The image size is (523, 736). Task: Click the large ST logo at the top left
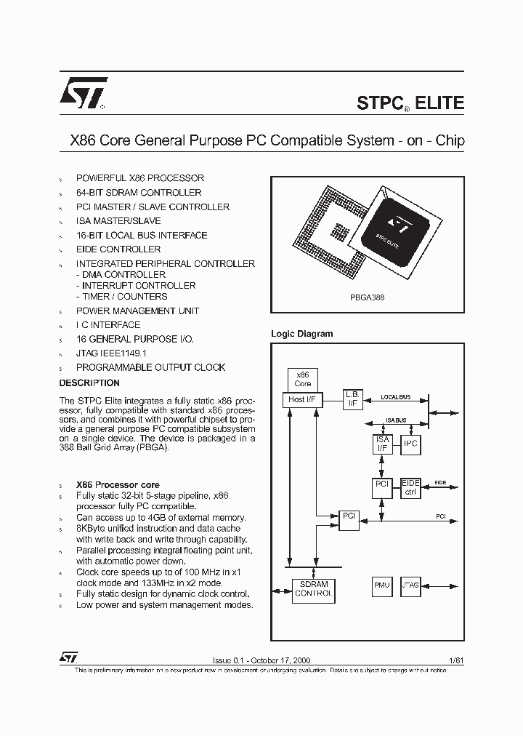tap(82, 93)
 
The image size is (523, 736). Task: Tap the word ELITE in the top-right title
tap(440, 103)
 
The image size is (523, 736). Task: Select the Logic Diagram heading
tap(301, 334)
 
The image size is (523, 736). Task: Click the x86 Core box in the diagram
tap(303, 379)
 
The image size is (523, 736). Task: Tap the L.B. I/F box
tap(353, 399)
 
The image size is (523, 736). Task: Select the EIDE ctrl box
tap(411, 488)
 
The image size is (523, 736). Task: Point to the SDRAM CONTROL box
tap(314, 588)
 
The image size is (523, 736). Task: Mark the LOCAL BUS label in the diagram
tap(396, 397)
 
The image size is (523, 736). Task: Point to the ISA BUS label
tap(397, 420)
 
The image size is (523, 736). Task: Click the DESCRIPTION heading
tap(89, 383)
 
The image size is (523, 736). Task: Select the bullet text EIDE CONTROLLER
tap(118, 249)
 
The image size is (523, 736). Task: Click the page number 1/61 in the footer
tap(456, 660)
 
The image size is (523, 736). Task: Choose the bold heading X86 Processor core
tap(118, 485)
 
